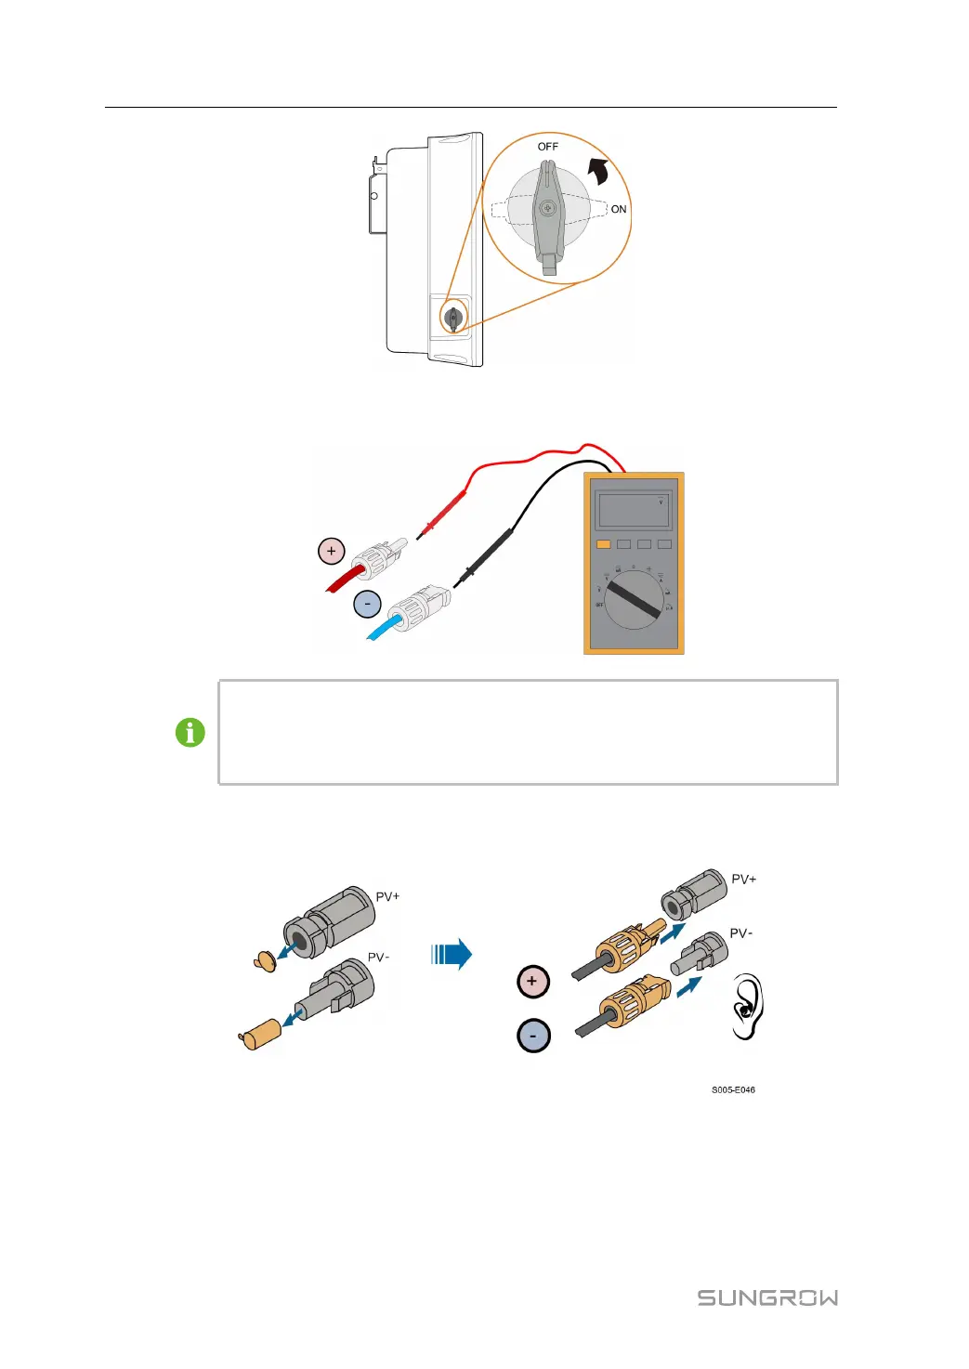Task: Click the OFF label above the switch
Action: (x=548, y=147)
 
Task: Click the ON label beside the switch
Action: (x=619, y=209)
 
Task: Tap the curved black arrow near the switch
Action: (x=598, y=171)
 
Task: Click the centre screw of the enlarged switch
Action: (x=548, y=208)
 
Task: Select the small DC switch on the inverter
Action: (x=453, y=318)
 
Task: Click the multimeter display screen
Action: (x=634, y=510)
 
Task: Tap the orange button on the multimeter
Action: (x=603, y=544)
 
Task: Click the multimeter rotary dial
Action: (x=634, y=599)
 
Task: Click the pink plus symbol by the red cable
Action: (x=332, y=551)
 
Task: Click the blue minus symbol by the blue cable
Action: (x=367, y=605)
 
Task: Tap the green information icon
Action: (x=190, y=733)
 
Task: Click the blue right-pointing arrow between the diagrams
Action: (x=452, y=954)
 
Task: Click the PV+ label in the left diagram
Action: (x=387, y=896)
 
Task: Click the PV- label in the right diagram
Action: (x=741, y=933)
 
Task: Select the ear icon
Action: (x=746, y=1007)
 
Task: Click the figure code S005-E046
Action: (x=733, y=1090)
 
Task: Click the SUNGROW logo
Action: (x=767, y=1297)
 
